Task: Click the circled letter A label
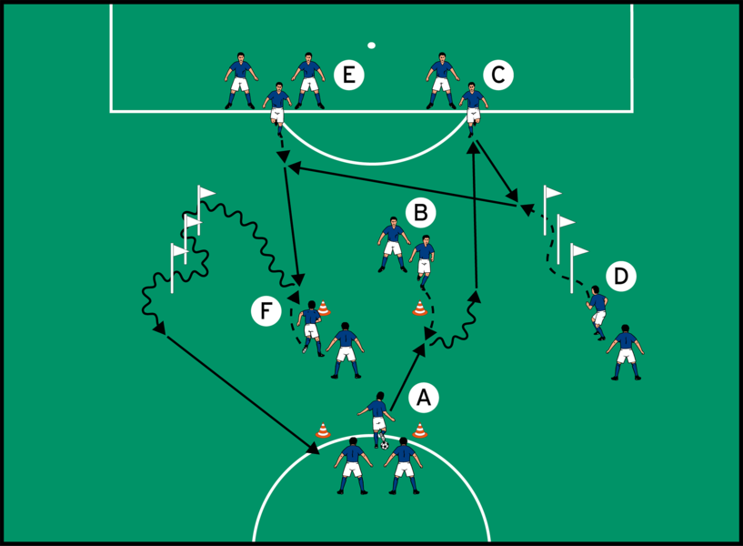(423, 396)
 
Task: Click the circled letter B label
(420, 213)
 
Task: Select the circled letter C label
(498, 76)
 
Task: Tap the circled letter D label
(621, 276)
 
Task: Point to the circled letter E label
(348, 76)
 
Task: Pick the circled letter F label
(266, 312)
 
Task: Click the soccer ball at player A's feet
(385, 445)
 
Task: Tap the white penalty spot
(371, 45)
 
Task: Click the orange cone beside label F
(323, 309)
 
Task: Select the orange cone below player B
(419, 309)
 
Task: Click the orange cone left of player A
(323, 430)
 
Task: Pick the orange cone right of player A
(419, 430)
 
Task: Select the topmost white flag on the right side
(552, 193)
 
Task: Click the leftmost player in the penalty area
(239, 80)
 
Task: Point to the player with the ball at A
(377, 417)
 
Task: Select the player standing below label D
(626, 350)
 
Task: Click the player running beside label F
(311, 326)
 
